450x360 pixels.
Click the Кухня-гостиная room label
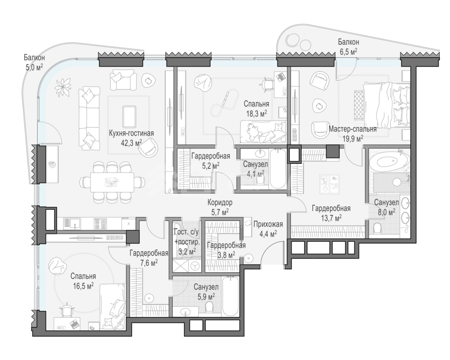click(131, 133)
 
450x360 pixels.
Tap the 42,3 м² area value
click(131, 143)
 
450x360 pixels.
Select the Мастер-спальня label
click(353, 129)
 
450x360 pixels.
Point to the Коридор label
click(220, 202)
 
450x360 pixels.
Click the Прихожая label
click(268, 224)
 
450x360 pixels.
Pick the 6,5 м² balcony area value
click(348, 52)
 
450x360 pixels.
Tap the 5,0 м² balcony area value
click(34, 67)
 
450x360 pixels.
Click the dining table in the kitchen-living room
click(112, 182)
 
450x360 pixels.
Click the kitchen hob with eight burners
click(101, 224)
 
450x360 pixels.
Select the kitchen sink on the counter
click(72, 224)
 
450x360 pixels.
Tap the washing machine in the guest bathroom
click(195, 266)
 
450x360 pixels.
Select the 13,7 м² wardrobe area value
click(331, 218)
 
